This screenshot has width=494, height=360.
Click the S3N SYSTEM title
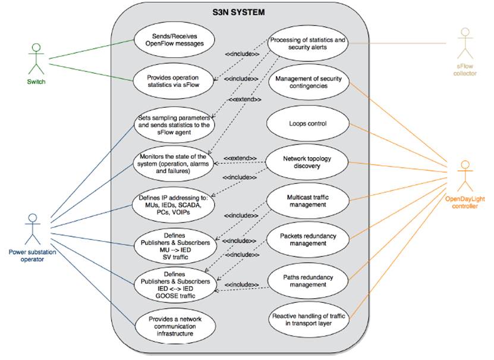(239, 12)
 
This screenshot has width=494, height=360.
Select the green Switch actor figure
(36, 58)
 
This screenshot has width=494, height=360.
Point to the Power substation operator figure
(32, 228)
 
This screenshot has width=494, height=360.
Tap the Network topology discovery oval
(307, 162)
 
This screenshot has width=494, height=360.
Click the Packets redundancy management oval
(307, 239)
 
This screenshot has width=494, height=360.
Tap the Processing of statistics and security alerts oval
(307, 43)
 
